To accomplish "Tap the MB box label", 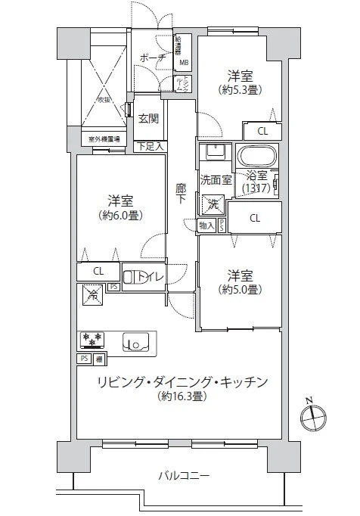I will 184,63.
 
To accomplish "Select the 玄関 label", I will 148,118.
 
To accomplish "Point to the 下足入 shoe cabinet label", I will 148,146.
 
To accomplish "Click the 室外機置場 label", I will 105,139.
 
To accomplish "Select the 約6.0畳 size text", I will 120,215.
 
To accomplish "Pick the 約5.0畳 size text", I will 241,289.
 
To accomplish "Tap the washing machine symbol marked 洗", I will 212,204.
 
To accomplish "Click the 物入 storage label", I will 206,225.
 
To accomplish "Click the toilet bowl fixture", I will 133,278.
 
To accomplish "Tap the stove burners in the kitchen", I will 91,340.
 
